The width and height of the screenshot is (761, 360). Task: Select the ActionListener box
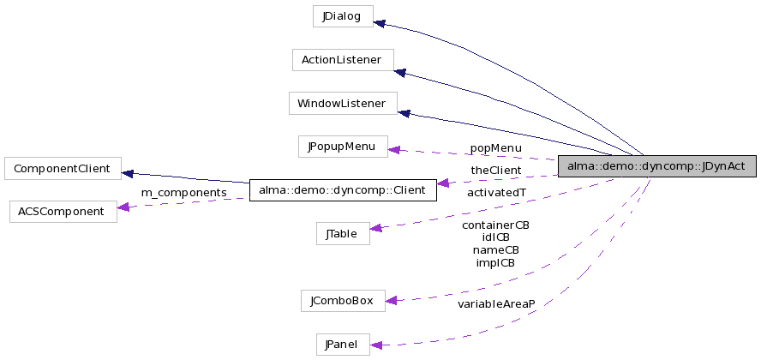pos(342,60)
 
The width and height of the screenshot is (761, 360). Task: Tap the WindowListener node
pos(342,104)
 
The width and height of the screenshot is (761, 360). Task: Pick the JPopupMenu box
pos(342,147)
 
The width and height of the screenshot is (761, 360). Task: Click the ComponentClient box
pos(63,168)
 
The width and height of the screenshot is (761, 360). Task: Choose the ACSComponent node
pos(63,211)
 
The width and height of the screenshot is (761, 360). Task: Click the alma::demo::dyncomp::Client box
pos(342,189)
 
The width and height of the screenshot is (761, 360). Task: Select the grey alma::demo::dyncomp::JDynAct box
pos(656,166)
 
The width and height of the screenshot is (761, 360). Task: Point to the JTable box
pos(342,233)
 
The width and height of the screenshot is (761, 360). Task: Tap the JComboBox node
pos(342,301)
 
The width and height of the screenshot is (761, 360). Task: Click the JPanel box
pos(342,345)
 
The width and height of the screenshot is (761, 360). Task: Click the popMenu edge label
pos(495,148)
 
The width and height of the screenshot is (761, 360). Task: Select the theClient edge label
pos(495,171)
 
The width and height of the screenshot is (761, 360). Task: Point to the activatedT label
pos(496,192)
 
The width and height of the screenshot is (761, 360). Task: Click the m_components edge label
pos(183,192)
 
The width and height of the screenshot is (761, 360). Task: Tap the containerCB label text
pos(495,225)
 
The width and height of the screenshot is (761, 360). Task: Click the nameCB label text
pos(495,250)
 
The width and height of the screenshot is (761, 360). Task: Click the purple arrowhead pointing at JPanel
pos(375,345)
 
